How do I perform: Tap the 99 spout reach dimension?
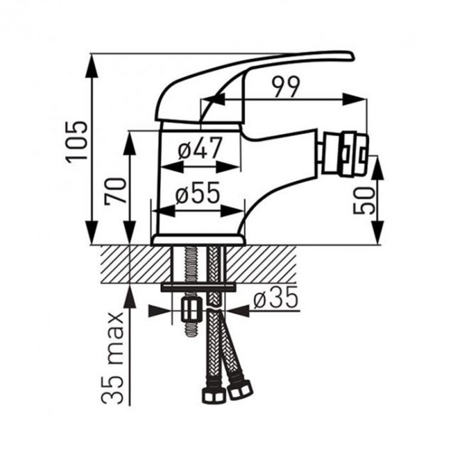point(286,87)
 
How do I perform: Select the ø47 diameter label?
point(200,148)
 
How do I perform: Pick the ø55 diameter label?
point(198,193)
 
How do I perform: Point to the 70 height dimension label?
point(116,191)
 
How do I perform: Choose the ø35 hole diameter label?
point(275,297)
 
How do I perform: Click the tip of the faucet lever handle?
point(352,56)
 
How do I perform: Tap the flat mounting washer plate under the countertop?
point(198,287)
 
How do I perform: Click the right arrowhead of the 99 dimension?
point(354,100)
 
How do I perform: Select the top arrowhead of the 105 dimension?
point(93,66)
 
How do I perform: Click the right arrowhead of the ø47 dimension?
point(228,167)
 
